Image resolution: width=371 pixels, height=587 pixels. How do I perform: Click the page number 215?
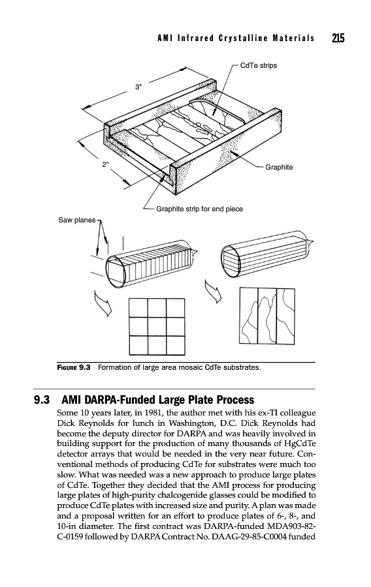338,38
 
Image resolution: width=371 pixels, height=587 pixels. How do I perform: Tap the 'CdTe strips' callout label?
259,65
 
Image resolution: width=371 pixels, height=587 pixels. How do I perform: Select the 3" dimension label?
138,87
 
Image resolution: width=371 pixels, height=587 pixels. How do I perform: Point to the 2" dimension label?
106,164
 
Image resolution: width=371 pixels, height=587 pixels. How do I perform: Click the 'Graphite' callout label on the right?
279,168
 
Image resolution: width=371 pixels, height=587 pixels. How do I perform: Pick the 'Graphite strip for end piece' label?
199,209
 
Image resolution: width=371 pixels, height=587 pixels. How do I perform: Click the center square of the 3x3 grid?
157,327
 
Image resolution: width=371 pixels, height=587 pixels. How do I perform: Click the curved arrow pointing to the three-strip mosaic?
213,291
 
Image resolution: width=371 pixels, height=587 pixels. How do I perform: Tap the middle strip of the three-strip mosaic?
267,316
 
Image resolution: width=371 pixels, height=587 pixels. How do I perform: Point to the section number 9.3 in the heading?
42,400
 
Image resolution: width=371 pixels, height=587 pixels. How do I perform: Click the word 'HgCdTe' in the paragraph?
301,444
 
